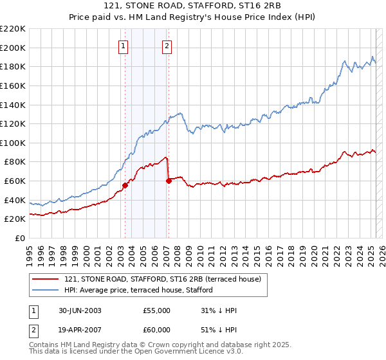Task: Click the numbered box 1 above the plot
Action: (x=123, y=46)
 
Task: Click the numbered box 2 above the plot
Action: (x=167, y=46)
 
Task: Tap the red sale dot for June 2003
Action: (x=125, y=185)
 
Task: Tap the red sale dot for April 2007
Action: (x=169, y=181)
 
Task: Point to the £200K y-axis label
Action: (x=12, y=48)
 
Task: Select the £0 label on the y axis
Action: (x=19, y=238)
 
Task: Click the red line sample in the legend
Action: (x=45, y=279)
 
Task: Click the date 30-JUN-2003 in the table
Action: (x=80, y=310)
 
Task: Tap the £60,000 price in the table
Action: (x=156, y=330)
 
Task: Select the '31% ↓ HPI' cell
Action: (x=219, y=310)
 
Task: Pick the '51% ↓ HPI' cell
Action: (x=219, y=330)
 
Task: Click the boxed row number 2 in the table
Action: (x=32, y=330)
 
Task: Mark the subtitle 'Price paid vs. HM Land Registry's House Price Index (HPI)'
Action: (x=192, y=18)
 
